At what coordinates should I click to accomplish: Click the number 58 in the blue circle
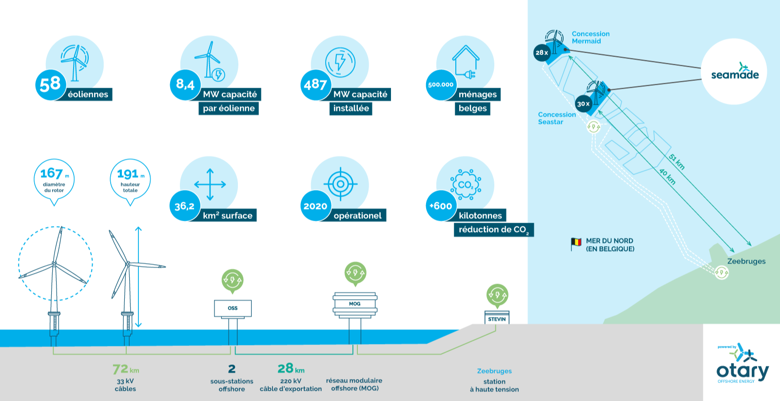(x=50, y=84)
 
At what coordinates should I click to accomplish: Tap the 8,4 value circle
(x=185, y=85)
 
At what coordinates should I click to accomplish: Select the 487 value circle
(x=315, y=85)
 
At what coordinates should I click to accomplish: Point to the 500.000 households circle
(x=441, y=85)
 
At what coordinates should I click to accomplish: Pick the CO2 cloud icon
(x=466, y=185)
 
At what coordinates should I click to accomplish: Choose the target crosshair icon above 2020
(x=341, y=184)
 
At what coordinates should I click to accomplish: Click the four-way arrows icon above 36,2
(x=210, y=185)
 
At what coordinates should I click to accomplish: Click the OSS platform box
(x=233, y=308)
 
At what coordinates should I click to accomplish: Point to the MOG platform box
(x=355, y=304)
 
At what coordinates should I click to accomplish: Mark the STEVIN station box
(x=497, y=318)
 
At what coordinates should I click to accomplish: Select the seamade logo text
(x=735, y=75)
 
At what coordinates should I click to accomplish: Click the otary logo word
(x=742, y=372)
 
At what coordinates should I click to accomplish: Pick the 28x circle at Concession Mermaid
(x=542, y=53)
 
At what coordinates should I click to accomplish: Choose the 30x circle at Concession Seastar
(x=584, y=104)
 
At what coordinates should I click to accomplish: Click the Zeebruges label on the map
(x=746, y=261)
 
